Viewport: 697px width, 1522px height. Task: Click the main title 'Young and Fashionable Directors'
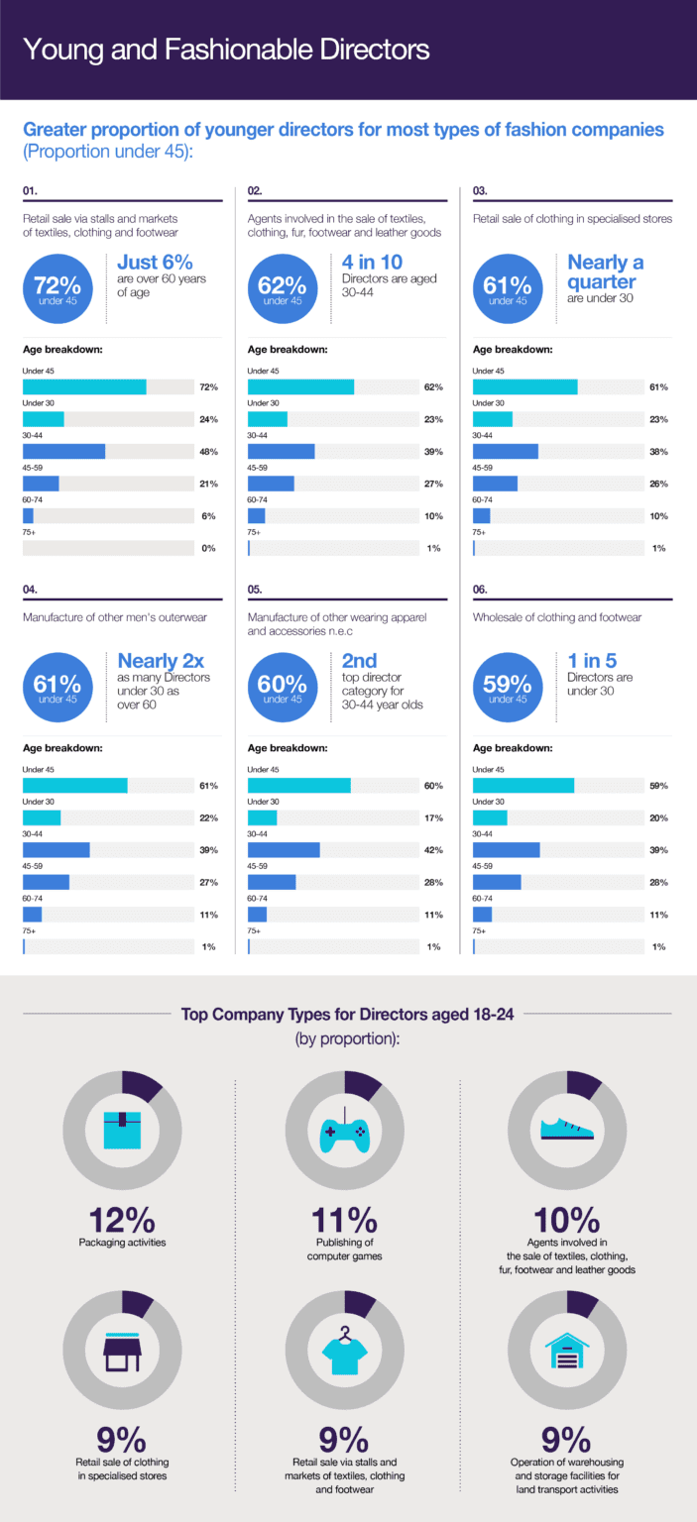pos(225,50)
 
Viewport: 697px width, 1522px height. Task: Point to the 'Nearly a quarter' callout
pos(605,272)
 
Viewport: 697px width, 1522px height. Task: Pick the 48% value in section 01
pos(208,452)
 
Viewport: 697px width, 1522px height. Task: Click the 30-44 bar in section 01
pos(63,452)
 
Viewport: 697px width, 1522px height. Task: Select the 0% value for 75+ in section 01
pos(208,548)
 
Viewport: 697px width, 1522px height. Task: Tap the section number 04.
pos(31,589)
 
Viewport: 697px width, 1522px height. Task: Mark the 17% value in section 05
pos(433,818)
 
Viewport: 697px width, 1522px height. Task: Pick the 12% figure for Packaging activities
pos(121,1221)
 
